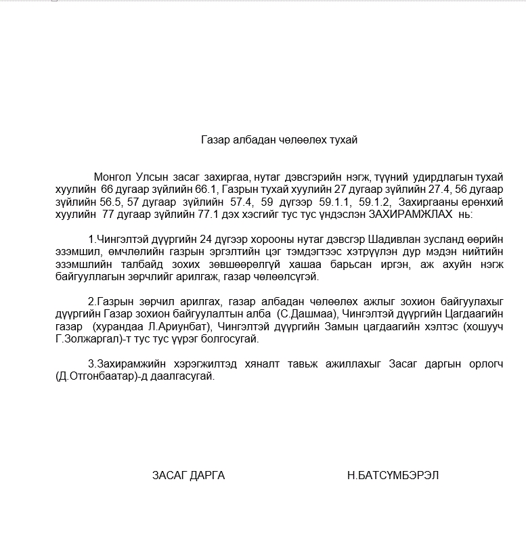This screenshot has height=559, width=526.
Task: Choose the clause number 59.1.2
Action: [375, 202]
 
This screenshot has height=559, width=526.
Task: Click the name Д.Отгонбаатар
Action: [95, 376]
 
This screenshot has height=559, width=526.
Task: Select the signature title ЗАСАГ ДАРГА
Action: [188, 475]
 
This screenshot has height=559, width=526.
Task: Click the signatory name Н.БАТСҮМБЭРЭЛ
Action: [393, 475]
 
